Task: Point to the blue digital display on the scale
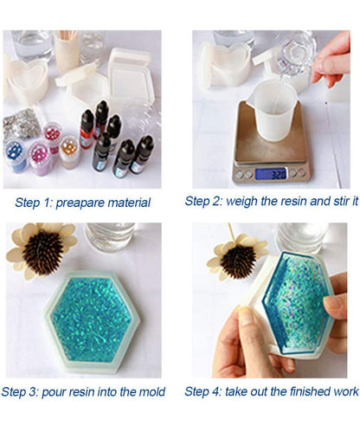point(271,174)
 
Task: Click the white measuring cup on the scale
point(271,111)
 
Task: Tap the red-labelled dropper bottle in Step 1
point(87,129)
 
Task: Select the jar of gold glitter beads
point(69,152)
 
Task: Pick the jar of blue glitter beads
point(16,155)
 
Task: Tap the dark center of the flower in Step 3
point(43,252)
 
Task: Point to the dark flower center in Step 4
point(238,261)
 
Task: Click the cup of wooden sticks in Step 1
point(67,51)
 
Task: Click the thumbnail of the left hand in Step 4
point(246,315)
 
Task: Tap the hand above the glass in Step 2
point(332,61)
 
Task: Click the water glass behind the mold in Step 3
point(110,236)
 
